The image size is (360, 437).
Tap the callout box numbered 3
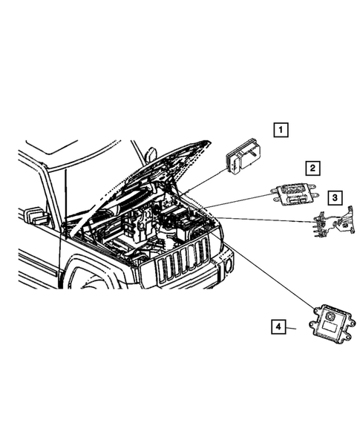coord(336,197)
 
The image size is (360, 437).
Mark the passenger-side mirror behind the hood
coord(151,154)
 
